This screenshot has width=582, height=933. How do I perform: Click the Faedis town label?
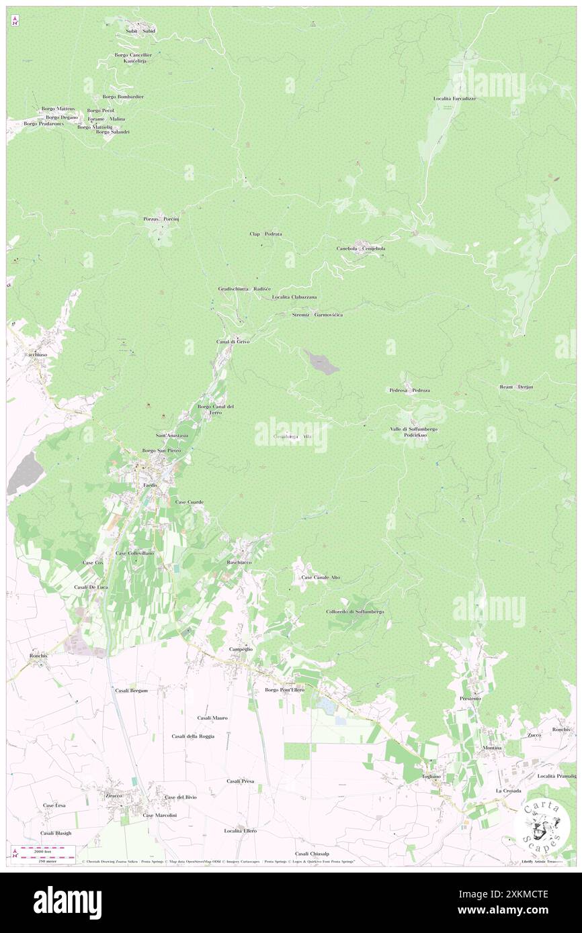tap(149, 484)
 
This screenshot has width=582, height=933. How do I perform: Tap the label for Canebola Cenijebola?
tap(362, 248)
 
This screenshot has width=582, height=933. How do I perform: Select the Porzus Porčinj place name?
tap(161, 219)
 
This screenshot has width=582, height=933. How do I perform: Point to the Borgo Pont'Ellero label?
tap(284, 689)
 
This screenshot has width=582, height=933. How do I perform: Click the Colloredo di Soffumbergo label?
tap(355, 611)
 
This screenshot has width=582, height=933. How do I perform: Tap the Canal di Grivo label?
tap(233, 342)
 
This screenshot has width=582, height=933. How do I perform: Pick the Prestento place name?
tap(470, 699)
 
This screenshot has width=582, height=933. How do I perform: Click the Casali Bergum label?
tap(131, 690)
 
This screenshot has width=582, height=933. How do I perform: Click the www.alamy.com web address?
tap(517, 911)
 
